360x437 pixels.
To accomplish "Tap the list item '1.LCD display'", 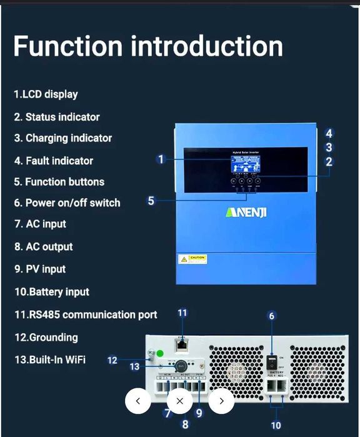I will pos(46,94).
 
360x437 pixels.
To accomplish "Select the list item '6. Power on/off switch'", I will pos(67,203).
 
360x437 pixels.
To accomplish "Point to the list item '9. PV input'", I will pos(40,269).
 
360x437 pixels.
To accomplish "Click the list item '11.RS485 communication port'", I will pos(86,314).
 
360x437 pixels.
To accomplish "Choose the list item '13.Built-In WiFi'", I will pos(49,359).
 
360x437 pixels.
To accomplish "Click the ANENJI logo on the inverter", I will pos(246,212).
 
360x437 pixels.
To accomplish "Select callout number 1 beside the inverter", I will pos(161,159).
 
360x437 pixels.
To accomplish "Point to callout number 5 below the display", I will pos(151,201).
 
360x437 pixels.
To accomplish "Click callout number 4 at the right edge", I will pos(329,133).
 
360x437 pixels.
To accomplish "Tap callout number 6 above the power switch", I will pos(271,316).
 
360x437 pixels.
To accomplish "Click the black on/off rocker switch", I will pos(273,361).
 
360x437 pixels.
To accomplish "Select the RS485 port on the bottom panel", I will pos(182,343).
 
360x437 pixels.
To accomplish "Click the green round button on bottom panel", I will pos(159,353).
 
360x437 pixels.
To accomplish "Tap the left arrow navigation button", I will pos(138,401).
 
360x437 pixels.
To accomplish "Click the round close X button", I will pos(180,401).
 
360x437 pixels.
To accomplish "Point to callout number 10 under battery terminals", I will pos(276,425).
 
